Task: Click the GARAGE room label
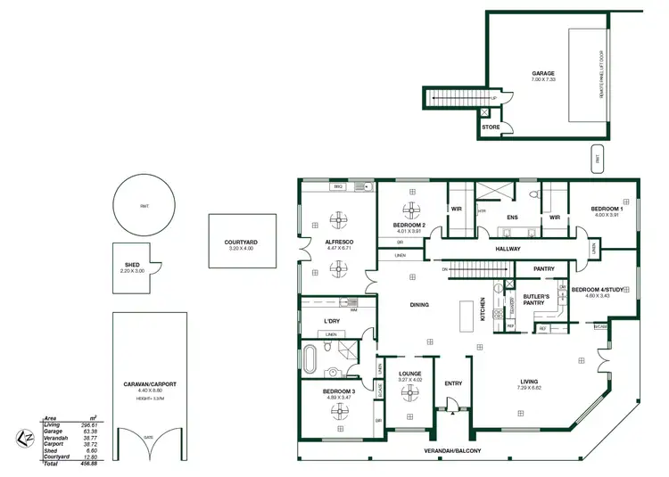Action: point(543,74)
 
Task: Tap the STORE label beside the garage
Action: point(491,127)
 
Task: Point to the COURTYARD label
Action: point(241,242)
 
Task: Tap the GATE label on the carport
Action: point(148,437)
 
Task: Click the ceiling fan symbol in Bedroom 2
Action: point(410,210)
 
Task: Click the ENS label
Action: point(513,217)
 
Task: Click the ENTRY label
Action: point(453,383)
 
